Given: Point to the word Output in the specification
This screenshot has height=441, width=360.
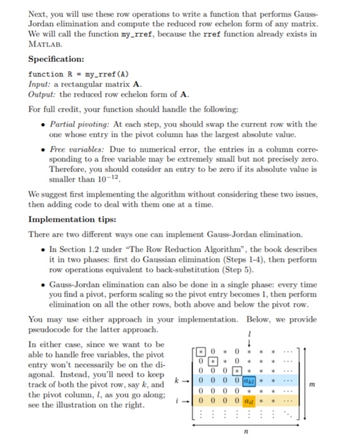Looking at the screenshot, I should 42,93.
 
